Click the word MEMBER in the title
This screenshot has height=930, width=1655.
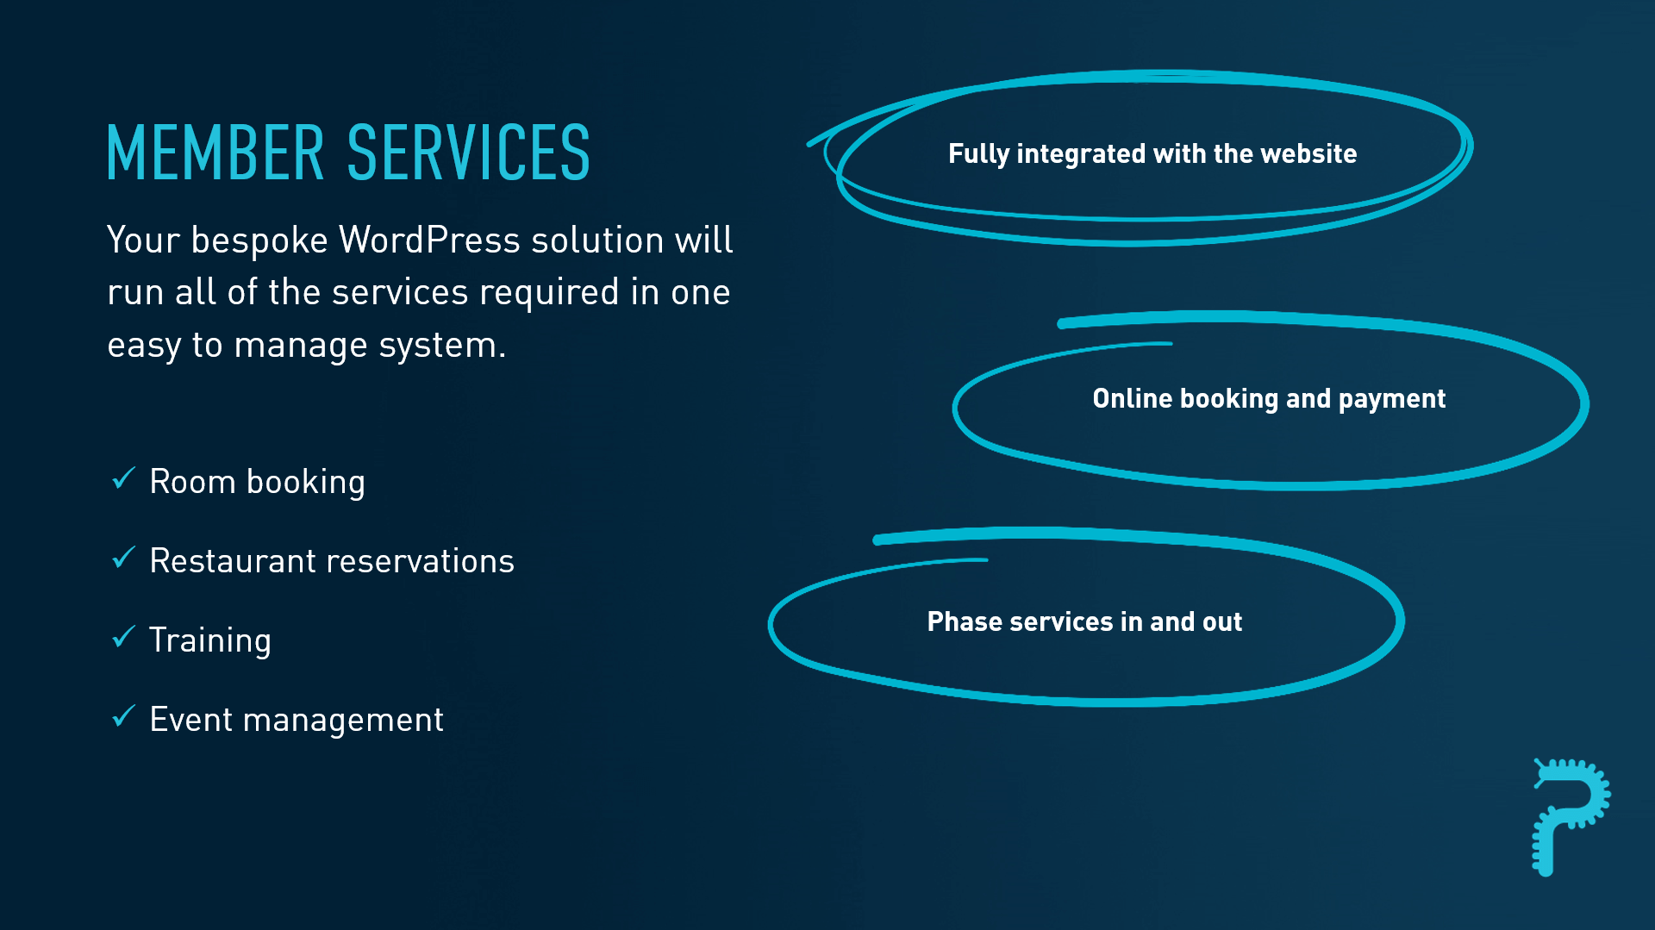[215, 153]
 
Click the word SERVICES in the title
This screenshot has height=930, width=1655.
[469, 153]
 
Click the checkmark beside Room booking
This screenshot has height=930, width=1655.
[124, 478]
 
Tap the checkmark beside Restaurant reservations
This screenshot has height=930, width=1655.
[124, 558]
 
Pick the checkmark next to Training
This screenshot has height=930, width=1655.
[124, 637]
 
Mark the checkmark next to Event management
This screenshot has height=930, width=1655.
[124, 716]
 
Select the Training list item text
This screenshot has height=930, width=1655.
[210, 641]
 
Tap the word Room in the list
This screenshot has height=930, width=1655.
[192, 482]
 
